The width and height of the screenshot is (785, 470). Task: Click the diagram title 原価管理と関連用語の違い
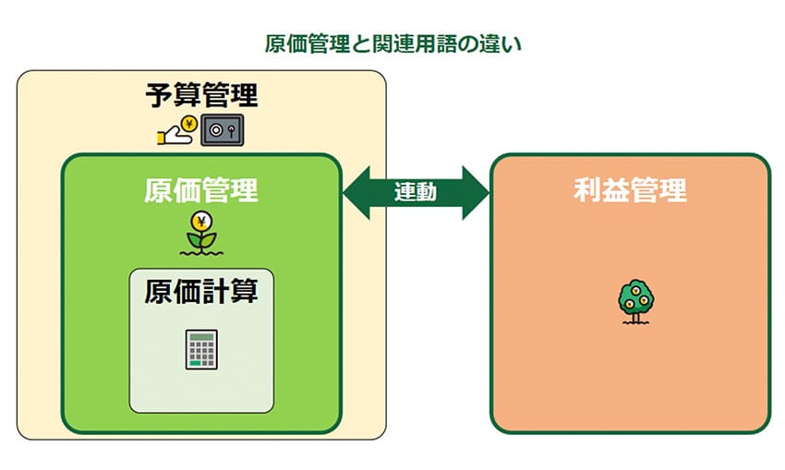point(392,43)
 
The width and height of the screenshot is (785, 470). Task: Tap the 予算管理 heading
point(201,96)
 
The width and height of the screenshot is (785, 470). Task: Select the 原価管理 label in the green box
point(201,190)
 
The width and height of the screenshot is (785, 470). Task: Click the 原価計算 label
point(201,292)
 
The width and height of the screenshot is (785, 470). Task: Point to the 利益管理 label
point(630,191)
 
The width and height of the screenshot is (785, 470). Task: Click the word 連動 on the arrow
point(416,192)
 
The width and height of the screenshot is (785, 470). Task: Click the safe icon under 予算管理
point(223,131)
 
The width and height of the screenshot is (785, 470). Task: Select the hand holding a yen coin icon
point(176,132)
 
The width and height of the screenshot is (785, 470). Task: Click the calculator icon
point(200,349)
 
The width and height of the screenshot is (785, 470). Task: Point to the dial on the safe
point(219,131)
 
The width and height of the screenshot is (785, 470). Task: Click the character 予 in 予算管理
point(159,96)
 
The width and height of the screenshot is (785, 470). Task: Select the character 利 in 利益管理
point(587,191)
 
